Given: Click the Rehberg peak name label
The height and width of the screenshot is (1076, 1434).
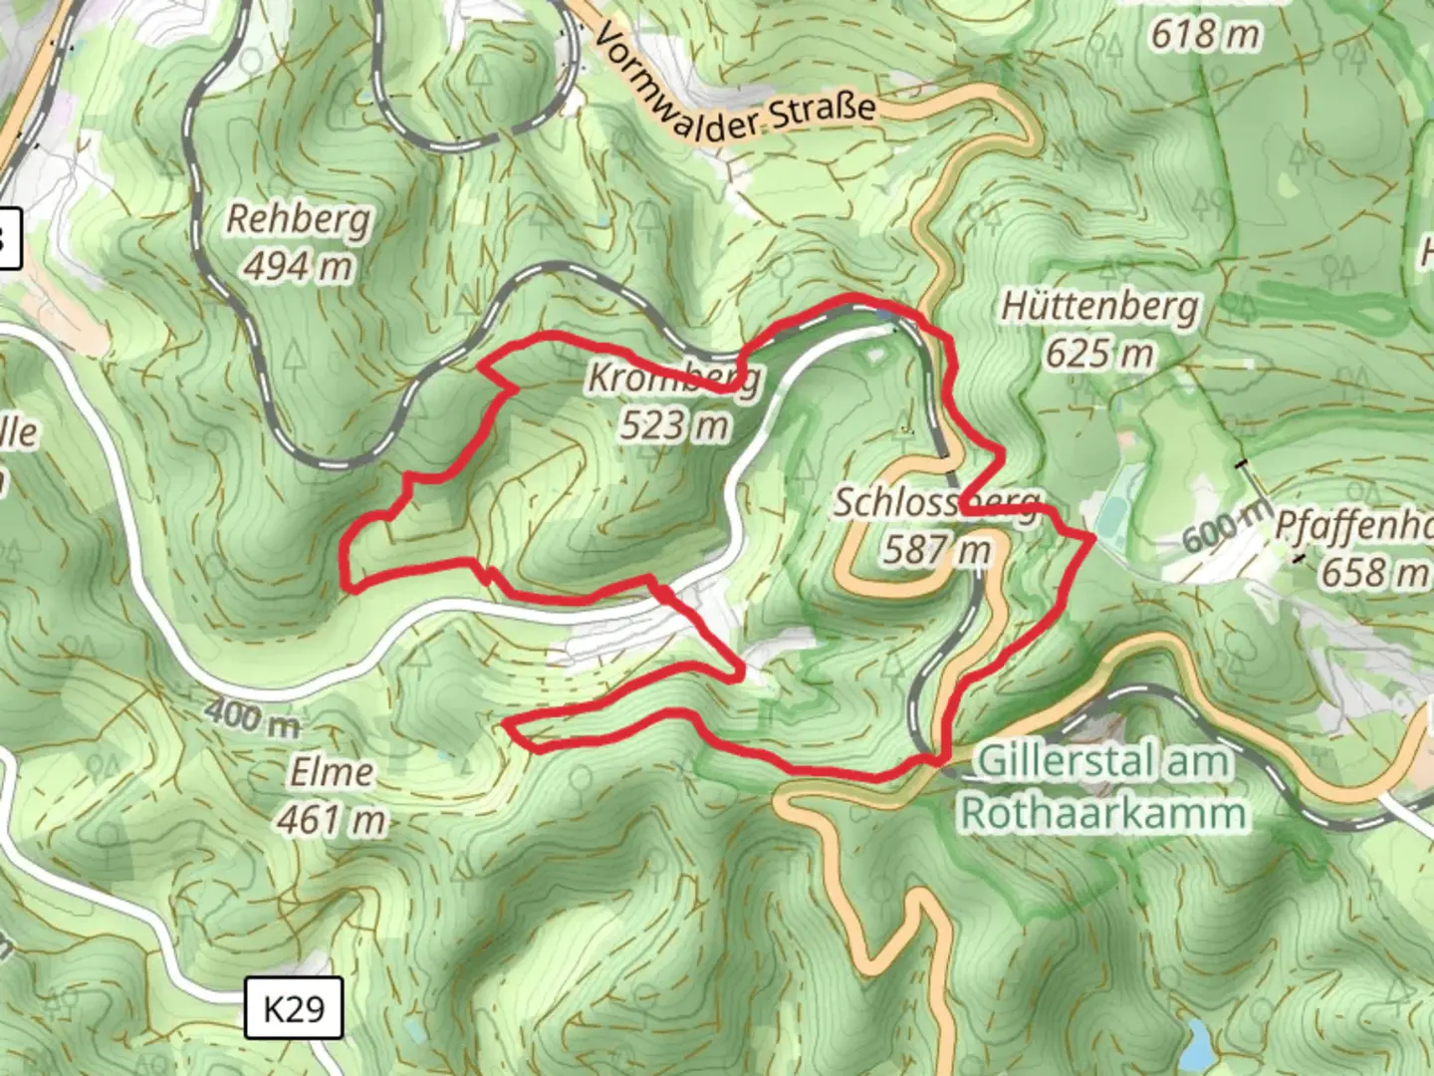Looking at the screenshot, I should coord(298,219).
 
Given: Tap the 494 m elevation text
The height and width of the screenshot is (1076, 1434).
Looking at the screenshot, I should coord(298,266).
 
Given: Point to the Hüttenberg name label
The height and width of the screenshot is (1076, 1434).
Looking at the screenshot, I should coord(1099,306).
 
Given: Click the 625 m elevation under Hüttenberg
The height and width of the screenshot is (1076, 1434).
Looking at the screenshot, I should coord(1099,353).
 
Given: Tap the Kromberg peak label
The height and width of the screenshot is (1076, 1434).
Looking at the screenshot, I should coord(674,378).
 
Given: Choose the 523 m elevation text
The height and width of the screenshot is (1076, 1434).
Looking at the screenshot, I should coord(674,425).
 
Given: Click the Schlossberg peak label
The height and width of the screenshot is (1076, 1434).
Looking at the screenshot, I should coord(936,502).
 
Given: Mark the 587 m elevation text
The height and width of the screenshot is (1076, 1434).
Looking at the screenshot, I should coord(936,549).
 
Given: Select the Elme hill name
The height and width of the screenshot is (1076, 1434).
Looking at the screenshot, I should coord(332,772).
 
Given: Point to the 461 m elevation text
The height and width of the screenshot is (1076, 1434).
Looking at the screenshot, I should coord(332,819).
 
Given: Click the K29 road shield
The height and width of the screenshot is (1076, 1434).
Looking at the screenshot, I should coord(294,1008).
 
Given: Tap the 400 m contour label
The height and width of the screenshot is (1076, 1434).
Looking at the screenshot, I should coord(252,716).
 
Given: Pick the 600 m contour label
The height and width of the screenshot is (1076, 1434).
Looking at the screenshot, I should coord(1226,526).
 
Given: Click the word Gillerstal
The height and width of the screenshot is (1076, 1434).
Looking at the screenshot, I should coord(1056,762).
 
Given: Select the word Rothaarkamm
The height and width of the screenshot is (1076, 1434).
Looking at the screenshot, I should coord(1103,813).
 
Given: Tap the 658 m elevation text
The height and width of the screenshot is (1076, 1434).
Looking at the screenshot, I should coord(1373,573).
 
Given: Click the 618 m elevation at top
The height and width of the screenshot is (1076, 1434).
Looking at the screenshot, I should coord(1205,35).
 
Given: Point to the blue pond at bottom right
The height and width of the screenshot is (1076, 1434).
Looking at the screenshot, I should coord(1198,1042).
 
